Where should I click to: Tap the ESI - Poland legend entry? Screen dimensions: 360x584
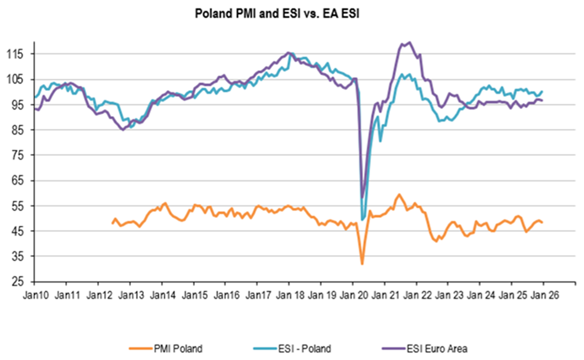tap(294, 348)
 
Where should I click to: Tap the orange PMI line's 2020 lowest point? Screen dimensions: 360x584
tap(362, 264)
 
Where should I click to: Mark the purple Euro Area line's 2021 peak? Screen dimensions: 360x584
tap(410, 42)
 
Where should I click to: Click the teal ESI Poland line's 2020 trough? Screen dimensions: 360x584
tap(362, 219)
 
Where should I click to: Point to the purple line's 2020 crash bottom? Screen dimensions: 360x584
tap(362, 197)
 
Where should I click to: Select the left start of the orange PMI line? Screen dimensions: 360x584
tap(112, 223)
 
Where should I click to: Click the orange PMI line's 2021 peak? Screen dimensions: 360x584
tap(399, 194)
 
